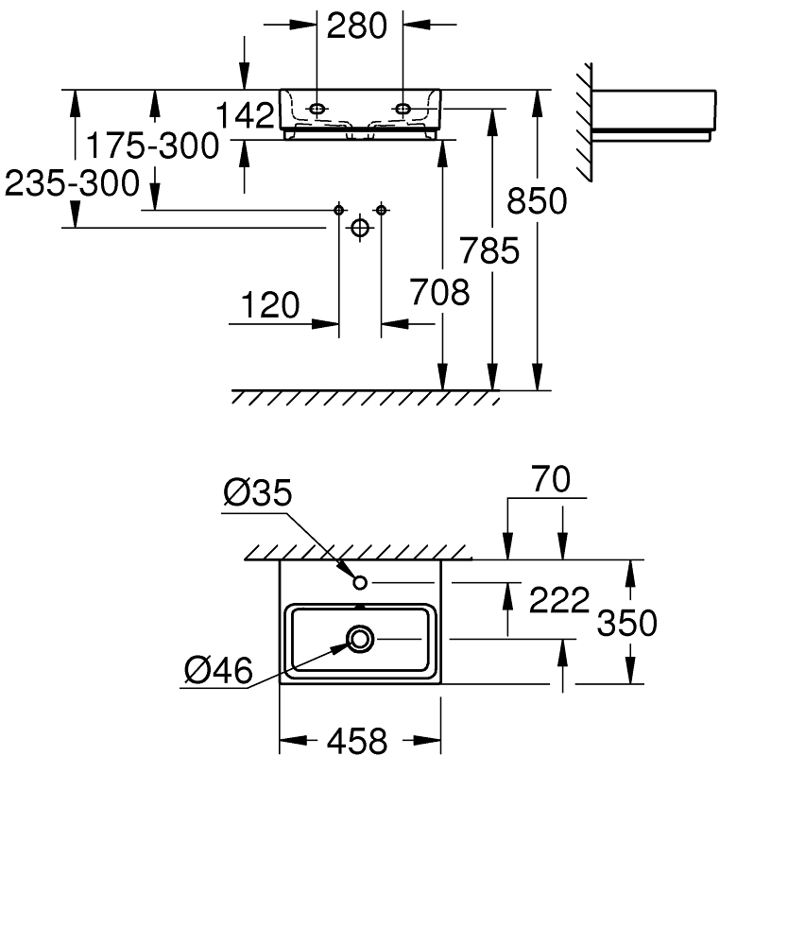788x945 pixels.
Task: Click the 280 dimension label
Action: point(357,26)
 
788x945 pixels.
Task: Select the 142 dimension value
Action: point(245,116)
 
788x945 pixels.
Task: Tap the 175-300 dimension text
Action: point(153,146)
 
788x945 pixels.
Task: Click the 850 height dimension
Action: point(537,200)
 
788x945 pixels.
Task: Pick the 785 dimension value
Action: point(489,250)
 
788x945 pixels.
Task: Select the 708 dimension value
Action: point(439,292)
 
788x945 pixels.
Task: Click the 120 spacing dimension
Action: point(270,305)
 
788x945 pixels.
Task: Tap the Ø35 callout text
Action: point(258,492)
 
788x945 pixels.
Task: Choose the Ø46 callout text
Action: point(219,670)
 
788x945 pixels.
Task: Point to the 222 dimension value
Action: point(559,600)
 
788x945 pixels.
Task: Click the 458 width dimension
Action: point(357,741)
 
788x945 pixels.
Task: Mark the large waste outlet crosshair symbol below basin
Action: point(359,228)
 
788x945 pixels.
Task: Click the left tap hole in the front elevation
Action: point(317,109)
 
